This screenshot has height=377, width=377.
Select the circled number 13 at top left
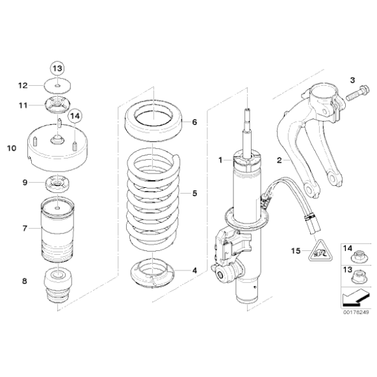58,68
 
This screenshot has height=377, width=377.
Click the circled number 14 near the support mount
75,115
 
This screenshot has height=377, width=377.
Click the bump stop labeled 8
58,287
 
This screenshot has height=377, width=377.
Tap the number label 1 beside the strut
220,159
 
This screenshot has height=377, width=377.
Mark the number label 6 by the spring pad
194,122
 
